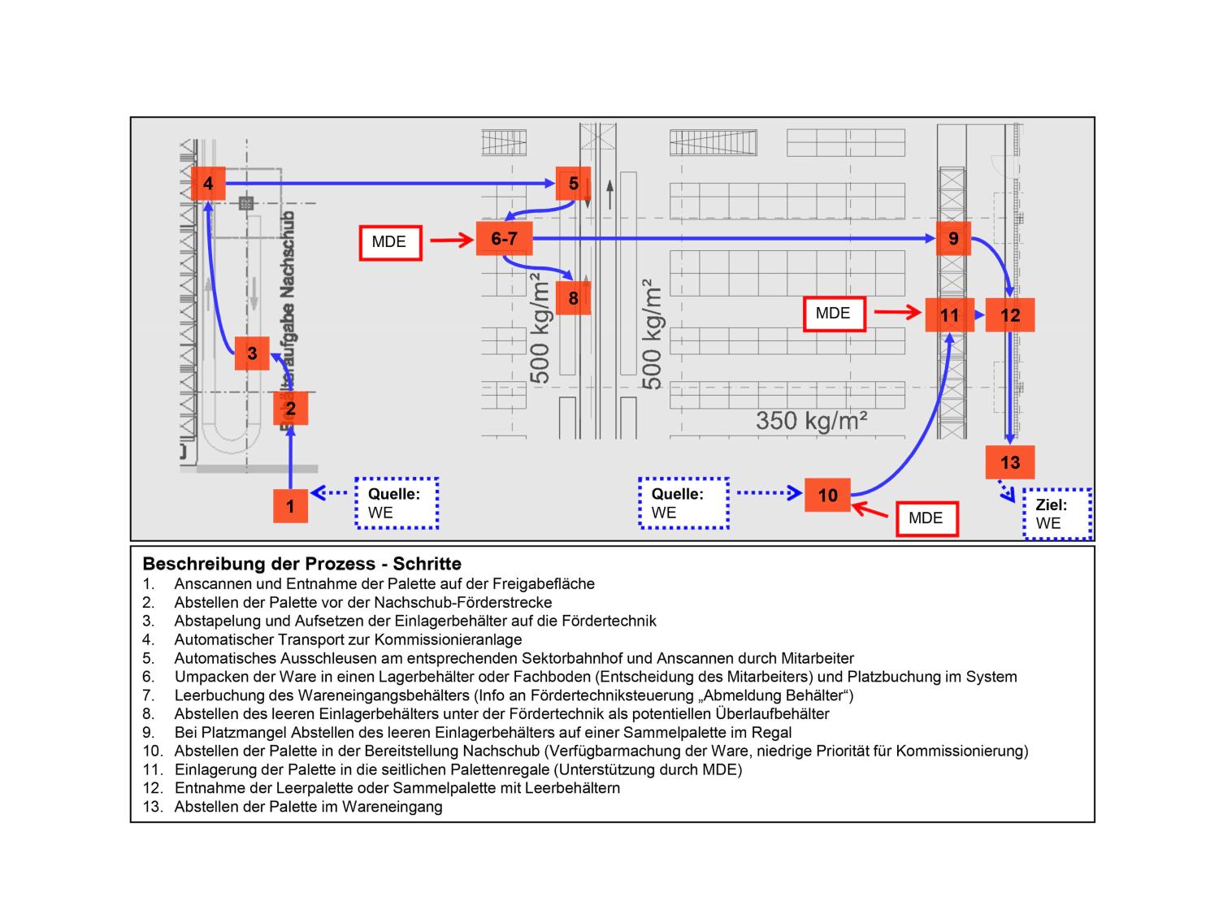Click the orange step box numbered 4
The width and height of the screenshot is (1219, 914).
(x=208, y=184)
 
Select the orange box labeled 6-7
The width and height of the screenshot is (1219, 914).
(x=504, y=239)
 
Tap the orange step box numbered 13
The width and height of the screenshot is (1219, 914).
(x=1010, y=462)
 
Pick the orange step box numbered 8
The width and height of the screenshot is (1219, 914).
(x=573, y=298)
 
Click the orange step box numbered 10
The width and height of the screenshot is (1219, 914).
(x=827, y=496)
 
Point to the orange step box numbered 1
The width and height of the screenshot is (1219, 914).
(x=290, y=506)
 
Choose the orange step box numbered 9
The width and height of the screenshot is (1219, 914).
(x=953, y=239)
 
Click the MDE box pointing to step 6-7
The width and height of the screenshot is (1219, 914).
(x=390, y=242)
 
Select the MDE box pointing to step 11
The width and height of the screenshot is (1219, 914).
(x=834, y=314)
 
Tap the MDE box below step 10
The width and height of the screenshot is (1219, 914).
(x=926, y=518)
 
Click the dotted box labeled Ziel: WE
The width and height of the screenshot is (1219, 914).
(x=1056, y=514)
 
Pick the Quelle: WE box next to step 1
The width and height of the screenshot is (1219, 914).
(x=397, y=504)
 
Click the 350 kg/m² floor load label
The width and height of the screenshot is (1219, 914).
(x=811, y=420)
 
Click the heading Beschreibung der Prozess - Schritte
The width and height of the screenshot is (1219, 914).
(x=301, y=564)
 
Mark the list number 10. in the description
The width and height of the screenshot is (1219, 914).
(x=152, y=751)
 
